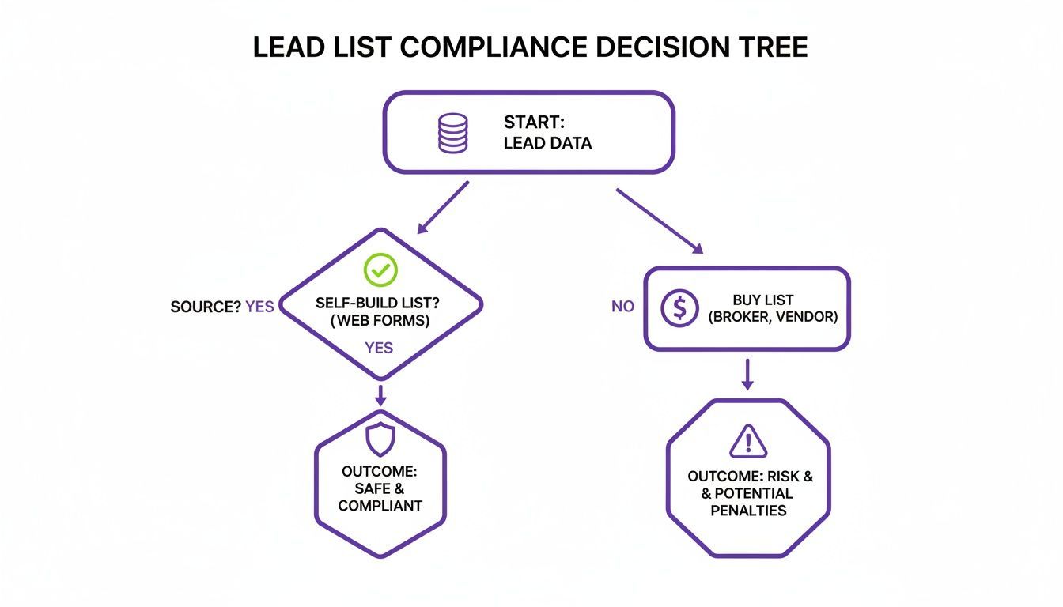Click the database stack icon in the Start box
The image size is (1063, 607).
point(452,133)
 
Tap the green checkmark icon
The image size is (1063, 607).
point(380,270)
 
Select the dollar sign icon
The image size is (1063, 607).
point(679,308)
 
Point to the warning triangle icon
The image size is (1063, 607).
point(747,440)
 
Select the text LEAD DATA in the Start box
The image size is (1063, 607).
point(547,144)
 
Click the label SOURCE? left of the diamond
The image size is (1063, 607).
point(205,307)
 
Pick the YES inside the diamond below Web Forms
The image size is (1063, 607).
point(380,347)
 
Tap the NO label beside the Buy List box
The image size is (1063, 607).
point(622,307)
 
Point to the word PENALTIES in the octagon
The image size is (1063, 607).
point(748,511)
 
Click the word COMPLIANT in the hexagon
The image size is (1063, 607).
point(380,506)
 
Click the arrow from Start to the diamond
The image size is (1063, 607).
point(443,207)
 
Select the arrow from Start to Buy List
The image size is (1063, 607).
point(659,219)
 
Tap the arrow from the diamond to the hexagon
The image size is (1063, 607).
point(380,394)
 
